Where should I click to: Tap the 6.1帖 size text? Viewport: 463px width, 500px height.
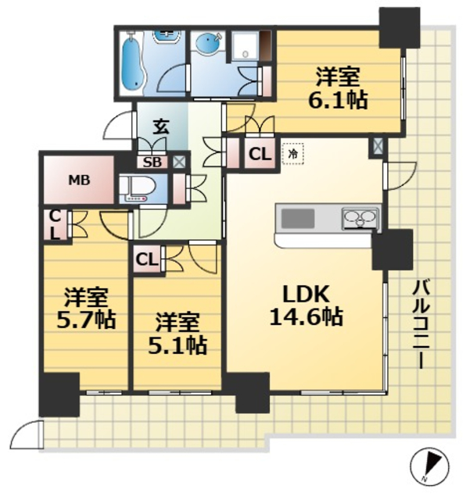click(338, 101)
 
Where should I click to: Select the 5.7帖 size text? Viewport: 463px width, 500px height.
click(86, 320)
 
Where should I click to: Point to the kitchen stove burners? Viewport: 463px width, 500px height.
click(359, 218)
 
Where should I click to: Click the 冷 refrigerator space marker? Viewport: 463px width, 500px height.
click(291, 154)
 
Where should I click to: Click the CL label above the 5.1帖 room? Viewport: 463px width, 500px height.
click(146, 259)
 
